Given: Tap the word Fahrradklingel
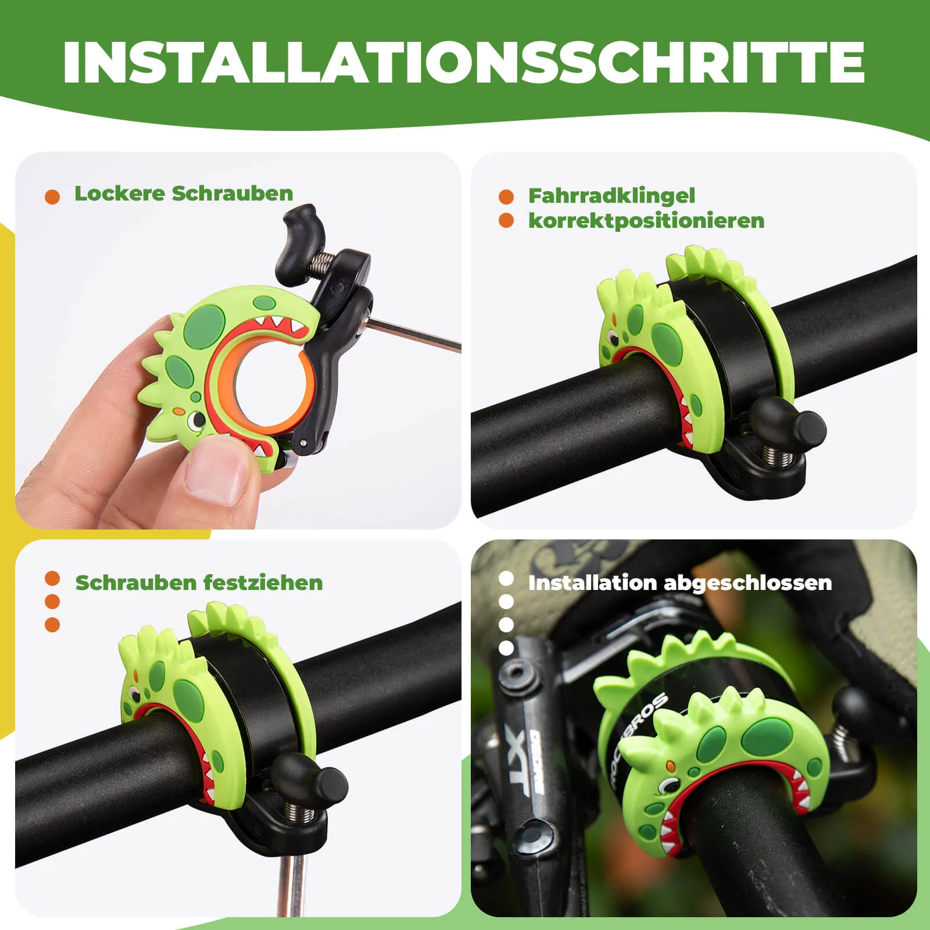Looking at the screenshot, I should click(611, 196).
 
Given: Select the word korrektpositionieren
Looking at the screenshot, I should click(646, 221).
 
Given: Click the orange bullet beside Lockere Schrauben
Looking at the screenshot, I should click(52, 196).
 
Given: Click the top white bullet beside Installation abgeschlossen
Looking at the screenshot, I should click(506, 579).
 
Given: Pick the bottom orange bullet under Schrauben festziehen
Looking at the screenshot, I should click(52, 625).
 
